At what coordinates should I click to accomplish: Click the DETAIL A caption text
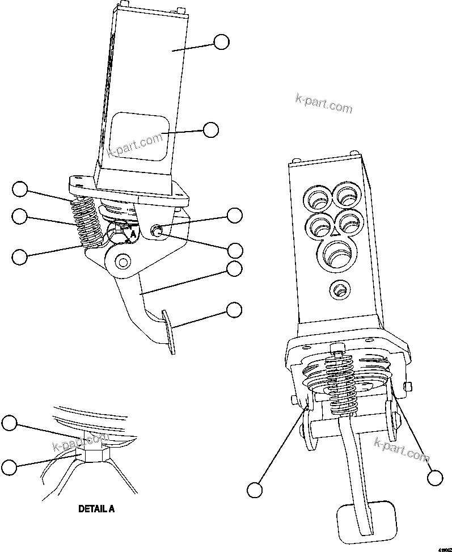click(x=96, y=509)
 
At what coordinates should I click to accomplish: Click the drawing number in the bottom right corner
click(x=443, y=549)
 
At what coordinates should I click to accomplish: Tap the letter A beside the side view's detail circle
click(x=133, y=233)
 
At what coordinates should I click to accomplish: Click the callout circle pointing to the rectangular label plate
click(x=211, y=130)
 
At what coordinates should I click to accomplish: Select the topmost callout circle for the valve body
click(x=221, y=41)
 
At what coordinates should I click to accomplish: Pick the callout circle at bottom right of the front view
click(x=435, y=478)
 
